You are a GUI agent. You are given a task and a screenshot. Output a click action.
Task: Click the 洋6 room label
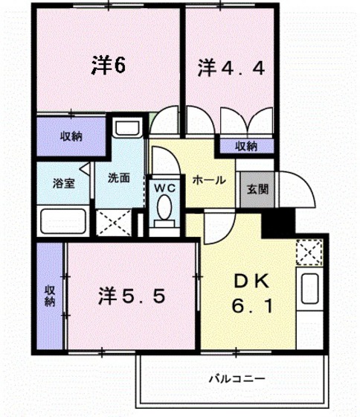tap(108, 66)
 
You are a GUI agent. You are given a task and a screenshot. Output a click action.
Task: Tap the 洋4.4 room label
tap(231, 69)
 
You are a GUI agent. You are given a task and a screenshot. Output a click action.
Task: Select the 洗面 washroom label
tap(118, 178)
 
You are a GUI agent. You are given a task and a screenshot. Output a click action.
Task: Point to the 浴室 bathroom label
tap(62, 183)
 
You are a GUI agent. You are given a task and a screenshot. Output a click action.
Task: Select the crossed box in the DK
tap(308, 253)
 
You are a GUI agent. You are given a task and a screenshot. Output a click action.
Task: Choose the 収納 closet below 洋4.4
tap(247, 146)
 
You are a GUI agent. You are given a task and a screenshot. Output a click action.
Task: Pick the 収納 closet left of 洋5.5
tap(49, 296)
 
